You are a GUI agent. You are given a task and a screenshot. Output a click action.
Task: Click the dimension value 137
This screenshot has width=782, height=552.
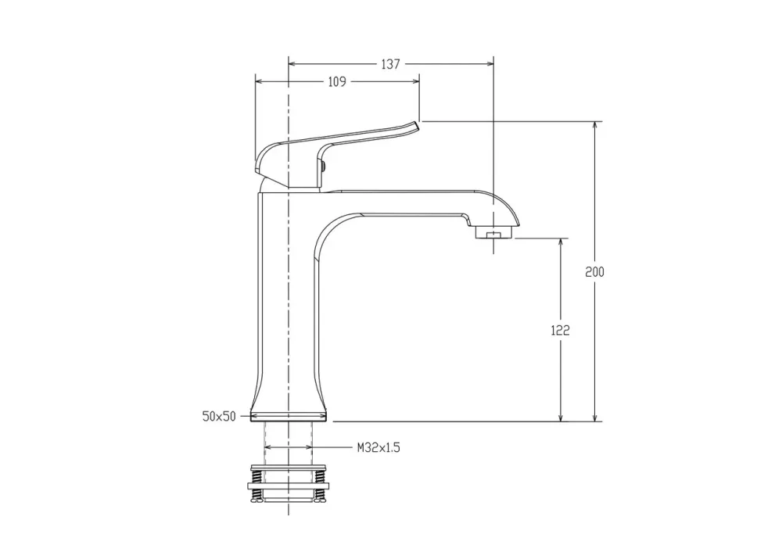pos(390,64)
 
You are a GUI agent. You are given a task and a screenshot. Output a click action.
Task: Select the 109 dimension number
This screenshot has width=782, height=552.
pos(337,82)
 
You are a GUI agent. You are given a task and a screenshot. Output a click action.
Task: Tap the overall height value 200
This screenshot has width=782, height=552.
pos(594,272)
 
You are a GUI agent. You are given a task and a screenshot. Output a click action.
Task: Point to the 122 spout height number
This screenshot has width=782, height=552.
pos(560,330)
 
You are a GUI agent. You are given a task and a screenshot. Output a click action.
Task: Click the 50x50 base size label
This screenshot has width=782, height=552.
pos(219,416)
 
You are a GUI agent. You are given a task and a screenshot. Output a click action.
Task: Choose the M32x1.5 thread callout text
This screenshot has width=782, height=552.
pos(378,447)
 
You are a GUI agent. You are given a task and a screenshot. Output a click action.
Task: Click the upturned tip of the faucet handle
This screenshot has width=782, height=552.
pos(415,125)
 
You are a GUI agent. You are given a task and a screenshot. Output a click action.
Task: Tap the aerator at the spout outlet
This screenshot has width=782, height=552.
pos(494,232)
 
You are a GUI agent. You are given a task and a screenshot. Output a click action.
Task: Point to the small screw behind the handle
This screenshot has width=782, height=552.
pos(324,165)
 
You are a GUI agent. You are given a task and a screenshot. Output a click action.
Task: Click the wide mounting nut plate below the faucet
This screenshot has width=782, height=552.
pos(289,486)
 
